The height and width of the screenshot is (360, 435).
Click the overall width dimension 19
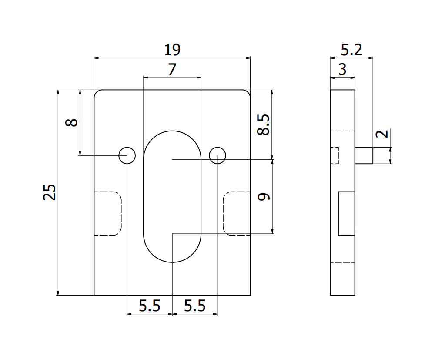pyautogui.click(x=172, y=50)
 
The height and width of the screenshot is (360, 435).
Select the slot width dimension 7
pyautogui.click(x=172, y=69)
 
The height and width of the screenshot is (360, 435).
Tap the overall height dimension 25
pyautogui.click(x=50, y=192)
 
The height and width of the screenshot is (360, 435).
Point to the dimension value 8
pyautogui.click(x=71, y=122)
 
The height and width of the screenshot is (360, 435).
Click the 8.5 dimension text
pyautogui.click(x=263, y=124)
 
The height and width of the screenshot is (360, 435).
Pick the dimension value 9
pyautogui.click(x=264, y=197)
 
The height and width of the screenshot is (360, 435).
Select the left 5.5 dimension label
pyautogui.click(x=150, y=306)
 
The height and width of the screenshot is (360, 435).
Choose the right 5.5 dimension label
pyautogui.click(x=195, y=306)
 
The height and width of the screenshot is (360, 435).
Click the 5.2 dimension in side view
pyautogui.click(x=351, y=50)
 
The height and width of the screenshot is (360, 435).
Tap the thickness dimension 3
pyautogui.click(x=343, y=69)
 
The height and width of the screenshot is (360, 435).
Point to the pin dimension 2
pyautogui.click(x=382, y=134)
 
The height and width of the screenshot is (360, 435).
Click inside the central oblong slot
pyautogui.click(x=172, y=196)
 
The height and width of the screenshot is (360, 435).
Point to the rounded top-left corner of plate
pyautogui.click(x=97, y=92)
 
